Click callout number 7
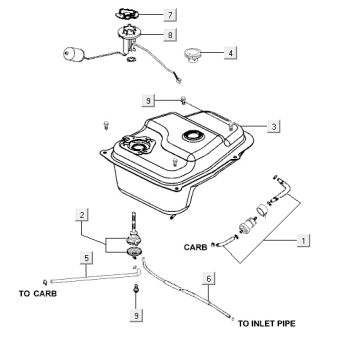(x=170, y=15)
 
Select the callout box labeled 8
(x=170, y=35)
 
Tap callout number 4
(x=230, y=53)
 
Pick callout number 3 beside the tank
(x=273, y=126)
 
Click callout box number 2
(x=82, y=215)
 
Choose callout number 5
(x=87, y=258)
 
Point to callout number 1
(x=303, y=240)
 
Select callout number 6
(x=209, y=278)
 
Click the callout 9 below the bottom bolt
(x=136, y=315)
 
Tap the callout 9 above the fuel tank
(x=148, y=100)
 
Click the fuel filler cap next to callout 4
(x=192, y=55)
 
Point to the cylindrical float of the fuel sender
(x=73, y=54)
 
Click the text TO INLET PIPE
(x=266, y=323)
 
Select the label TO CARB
(x=38, y=294)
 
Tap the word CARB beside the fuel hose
(x=195, y=247)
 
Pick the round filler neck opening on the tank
(x=191, y=135)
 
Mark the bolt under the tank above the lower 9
(x=136, y=289)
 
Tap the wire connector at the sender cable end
(x=179, y=80)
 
